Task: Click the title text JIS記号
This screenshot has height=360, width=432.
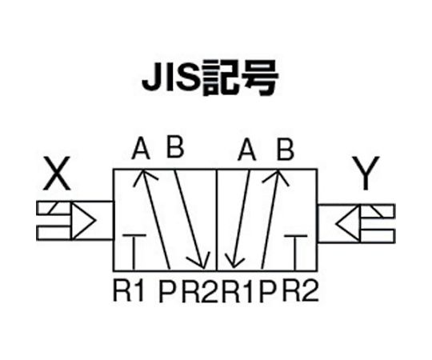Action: tap(210, 78)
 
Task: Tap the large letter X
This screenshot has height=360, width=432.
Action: tap(57, 174)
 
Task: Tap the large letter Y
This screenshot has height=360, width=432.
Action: tap(366, 174)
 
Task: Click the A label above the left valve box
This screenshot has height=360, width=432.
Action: tap(141, 149)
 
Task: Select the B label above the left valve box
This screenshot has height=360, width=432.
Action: tap(175, 147)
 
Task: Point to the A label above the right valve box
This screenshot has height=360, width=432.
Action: tap(247, 150)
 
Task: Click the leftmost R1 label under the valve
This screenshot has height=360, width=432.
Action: tap(129, 290)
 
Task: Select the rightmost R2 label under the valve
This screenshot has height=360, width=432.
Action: tap(300, 290)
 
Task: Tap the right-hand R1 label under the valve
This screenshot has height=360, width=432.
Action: tap(238, 291)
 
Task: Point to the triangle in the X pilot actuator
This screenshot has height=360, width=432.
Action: tap(84, 221)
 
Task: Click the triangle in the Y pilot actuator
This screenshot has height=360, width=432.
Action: tap(348, 222)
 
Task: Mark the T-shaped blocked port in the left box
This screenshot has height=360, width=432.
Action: tap(134, 252)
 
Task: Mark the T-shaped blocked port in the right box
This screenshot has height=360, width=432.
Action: tap(295, 253)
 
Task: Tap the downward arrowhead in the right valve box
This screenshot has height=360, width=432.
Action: tap(234, 262)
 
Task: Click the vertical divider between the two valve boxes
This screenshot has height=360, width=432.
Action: tap(217, 220)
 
